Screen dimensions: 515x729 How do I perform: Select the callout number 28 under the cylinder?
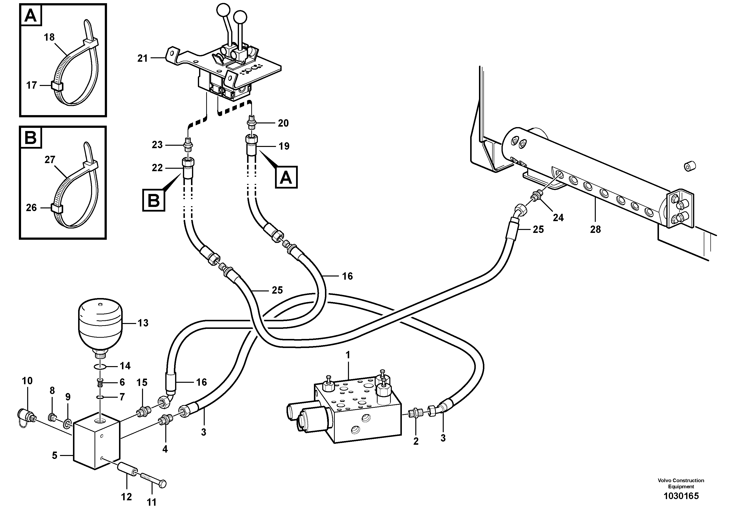(x=595, y=229)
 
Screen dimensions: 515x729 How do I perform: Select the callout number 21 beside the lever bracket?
(x=143, y=59)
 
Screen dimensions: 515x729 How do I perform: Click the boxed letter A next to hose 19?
(x=286, y=177)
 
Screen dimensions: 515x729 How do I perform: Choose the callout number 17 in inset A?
(x=31, y=85)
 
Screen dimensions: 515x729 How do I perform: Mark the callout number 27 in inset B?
(x=50, y=160)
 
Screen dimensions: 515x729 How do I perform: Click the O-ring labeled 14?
(x=100, y=367)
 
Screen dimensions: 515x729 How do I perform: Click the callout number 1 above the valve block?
(x=348, y=355)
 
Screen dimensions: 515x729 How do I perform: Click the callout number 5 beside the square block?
(x=55, y=456)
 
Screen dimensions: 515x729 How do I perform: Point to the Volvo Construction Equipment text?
(x=681, y=483)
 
